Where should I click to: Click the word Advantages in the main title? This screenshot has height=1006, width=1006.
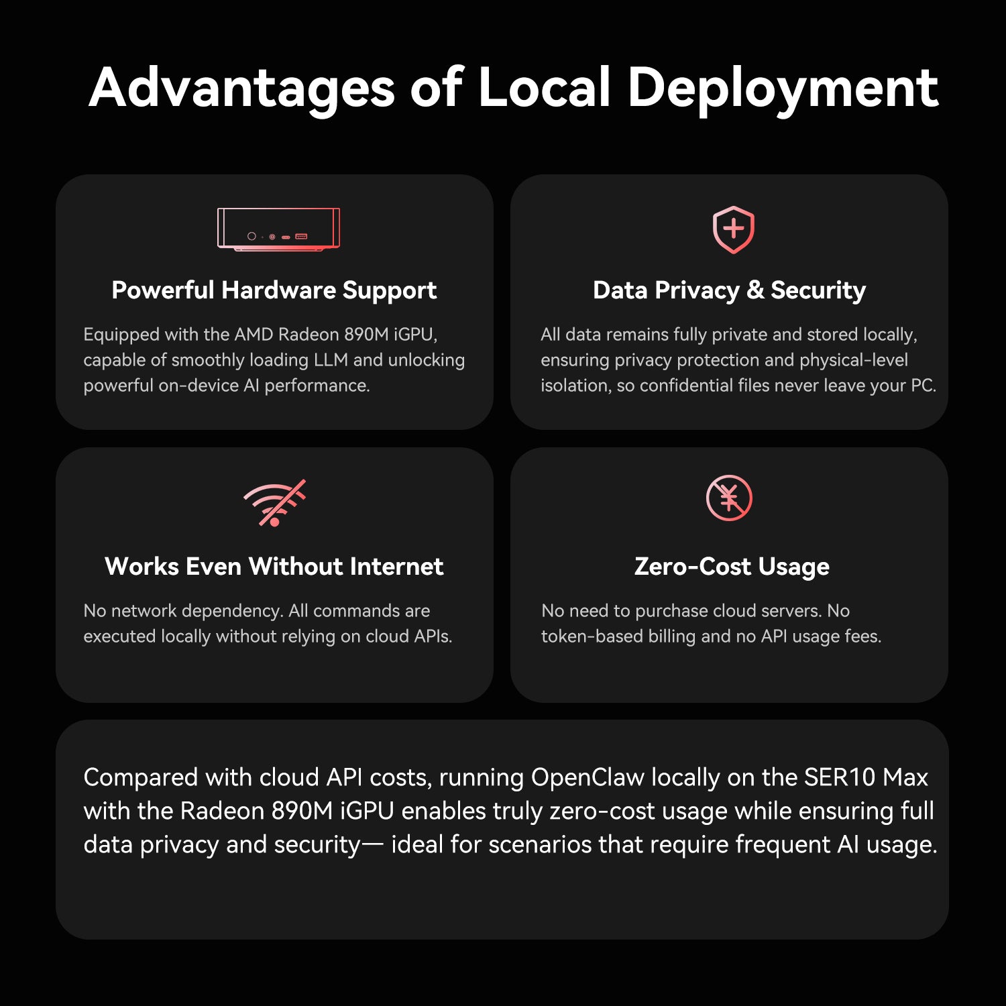click(x=242, y=88)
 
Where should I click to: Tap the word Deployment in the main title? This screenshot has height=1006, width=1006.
click(x=783, y=88)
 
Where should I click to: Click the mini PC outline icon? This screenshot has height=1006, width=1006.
click(x=278, y=229)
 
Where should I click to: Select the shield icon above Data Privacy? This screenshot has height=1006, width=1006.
click(x=733, y=229)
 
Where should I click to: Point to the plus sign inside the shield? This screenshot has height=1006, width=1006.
click(x=733, y=229)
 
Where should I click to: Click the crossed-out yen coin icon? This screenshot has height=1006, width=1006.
click(x=729, y=498)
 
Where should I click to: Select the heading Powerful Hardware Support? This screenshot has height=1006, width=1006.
click(x=274, y=290)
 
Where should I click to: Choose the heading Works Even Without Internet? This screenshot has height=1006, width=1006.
click(x=274, y=567)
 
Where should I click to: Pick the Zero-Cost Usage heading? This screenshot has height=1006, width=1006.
click(x=732, y=567)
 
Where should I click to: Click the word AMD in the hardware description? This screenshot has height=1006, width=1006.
click(x=254, y=334)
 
